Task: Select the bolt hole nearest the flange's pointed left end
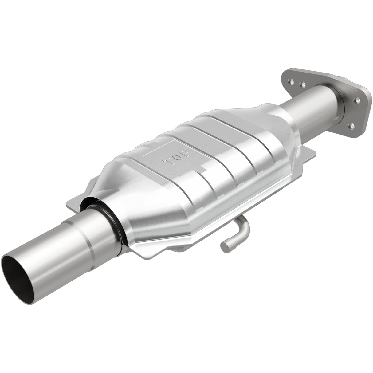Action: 289,82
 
